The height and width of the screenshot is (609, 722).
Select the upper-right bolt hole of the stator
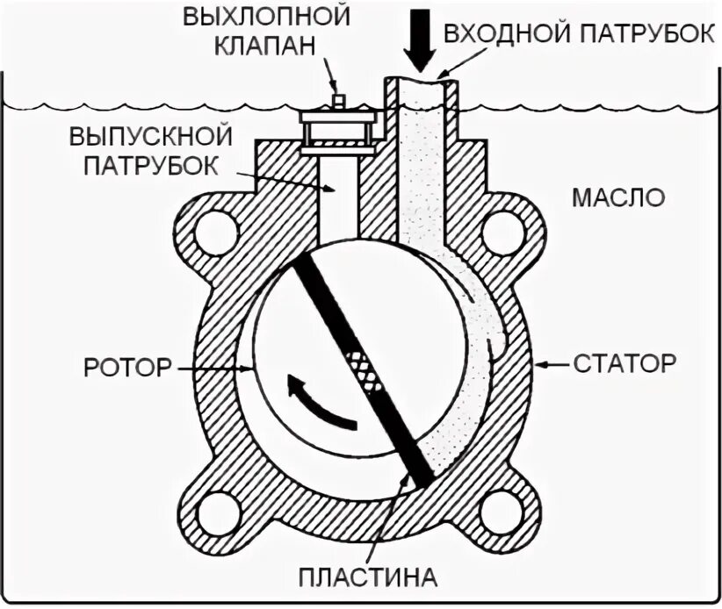click(504, 233)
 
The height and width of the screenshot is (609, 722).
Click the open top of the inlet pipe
click(421, 82)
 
